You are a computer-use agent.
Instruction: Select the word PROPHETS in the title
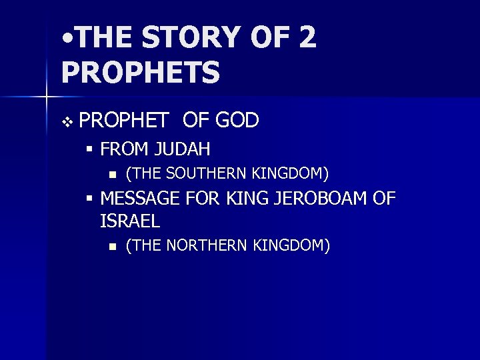tap(140, 73)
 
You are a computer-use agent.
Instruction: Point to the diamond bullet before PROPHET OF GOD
tap(65, 122)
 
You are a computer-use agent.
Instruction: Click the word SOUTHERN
tap(208, 175)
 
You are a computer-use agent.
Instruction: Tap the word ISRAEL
tap(130, 220)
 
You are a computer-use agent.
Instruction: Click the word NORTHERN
tap(209, 246)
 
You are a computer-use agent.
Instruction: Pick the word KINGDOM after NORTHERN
tap(291, 246)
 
